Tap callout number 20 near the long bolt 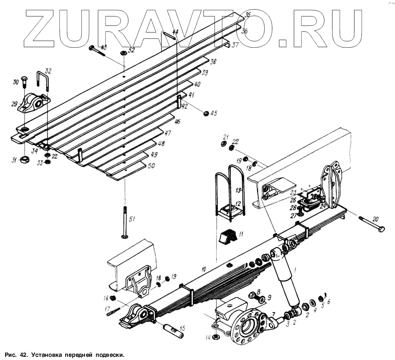[x=375, y=219]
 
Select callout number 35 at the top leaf [x=248, y=15]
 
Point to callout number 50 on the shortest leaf [x=151, y=167]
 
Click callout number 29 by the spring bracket [x=15, y=104]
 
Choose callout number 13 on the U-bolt [x=238, y=190]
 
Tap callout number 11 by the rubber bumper [x=241, y=234]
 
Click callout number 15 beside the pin [x=182, y=328]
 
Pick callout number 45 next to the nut [x=214, y=113]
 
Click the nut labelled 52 [x=123, y=53]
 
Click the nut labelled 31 [x=24, y=160]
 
